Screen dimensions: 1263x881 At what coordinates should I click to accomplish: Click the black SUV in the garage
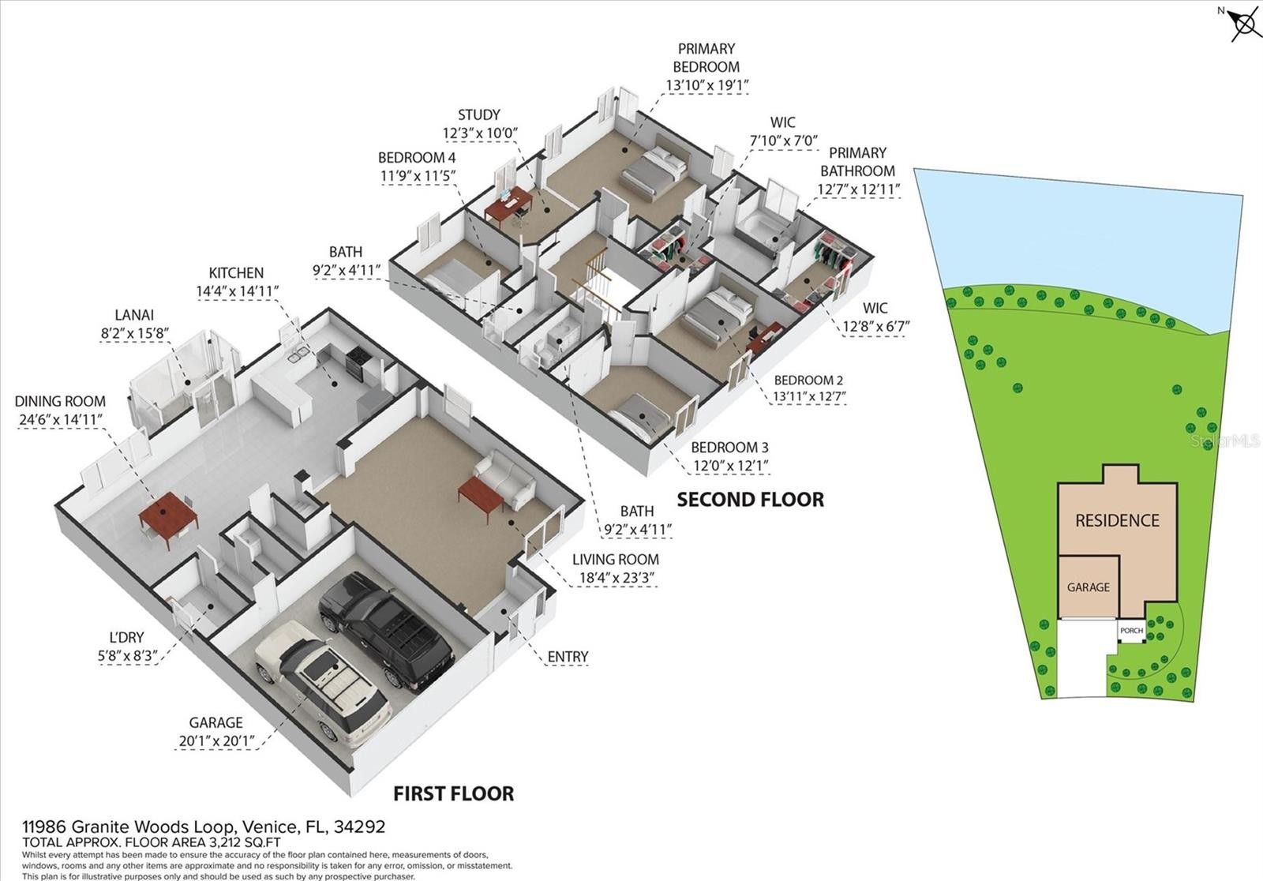pos(386,632)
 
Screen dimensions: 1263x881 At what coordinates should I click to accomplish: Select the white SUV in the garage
pos(323,683)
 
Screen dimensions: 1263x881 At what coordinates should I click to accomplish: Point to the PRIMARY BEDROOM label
pos(706,58)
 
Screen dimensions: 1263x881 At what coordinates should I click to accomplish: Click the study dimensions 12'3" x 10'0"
pos(480,133)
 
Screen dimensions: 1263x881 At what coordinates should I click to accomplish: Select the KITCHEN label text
pos(236,273)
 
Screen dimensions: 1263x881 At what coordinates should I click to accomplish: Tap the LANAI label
pos(134,315)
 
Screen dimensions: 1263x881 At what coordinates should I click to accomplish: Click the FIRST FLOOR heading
pos(453,793)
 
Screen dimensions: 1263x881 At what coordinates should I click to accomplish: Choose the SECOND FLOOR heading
pos(750,499)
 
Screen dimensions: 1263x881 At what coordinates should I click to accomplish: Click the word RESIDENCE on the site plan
pos(1117,520)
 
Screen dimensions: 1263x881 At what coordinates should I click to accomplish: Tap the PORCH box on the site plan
pos(1131,631)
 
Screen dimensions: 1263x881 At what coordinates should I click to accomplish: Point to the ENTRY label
pos(568,657)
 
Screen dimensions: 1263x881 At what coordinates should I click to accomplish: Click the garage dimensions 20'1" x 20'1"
pos(216,740)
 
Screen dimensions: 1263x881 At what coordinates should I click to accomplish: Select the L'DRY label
pos(126,637)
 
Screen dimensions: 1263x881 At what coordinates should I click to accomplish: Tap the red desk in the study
pos(508,204)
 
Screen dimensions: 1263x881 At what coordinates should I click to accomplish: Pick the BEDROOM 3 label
pos(729,448)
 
